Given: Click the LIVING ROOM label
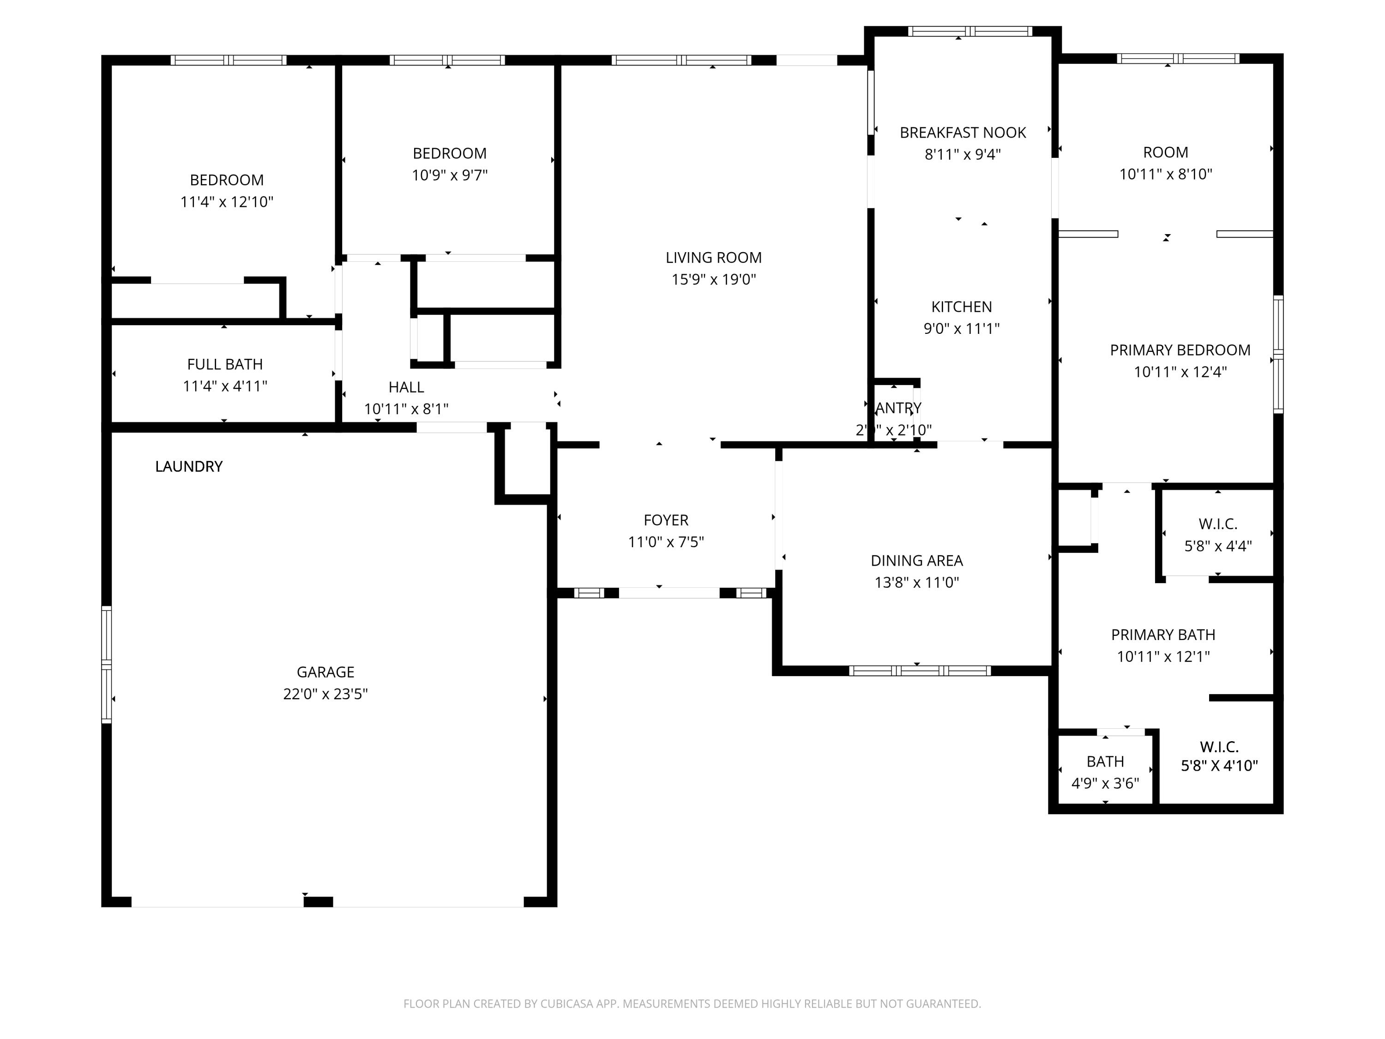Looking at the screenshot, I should point(713,257).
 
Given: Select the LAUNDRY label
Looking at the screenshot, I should point(188,466).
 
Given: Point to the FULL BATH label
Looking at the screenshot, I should point(225,364).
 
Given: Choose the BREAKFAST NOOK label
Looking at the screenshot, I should point(963,133).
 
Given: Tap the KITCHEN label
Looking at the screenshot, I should point(961,307).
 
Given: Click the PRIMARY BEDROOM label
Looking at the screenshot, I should point(1180,350).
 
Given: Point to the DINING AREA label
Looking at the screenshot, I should point(916,561).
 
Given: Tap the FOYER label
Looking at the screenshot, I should point(666,520).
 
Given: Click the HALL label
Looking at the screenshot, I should point(406,387).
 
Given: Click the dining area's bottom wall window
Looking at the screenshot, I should point(919,671).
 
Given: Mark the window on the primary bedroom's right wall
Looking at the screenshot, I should point(1278,355).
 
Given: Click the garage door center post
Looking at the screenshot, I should point(318,902).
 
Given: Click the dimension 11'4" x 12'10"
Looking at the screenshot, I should point(227,202).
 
